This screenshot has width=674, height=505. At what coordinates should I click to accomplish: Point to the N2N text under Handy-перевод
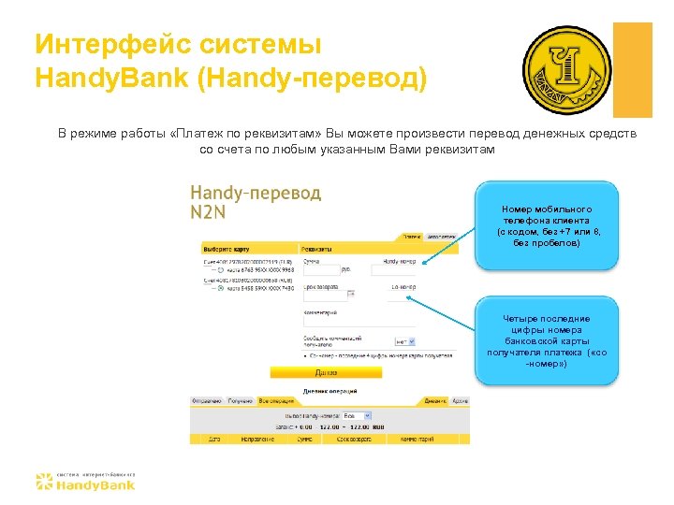click(208, 212)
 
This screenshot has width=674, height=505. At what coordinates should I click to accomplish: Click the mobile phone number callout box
click(547, 226)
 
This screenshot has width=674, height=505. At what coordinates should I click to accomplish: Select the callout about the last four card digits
click(547, 340)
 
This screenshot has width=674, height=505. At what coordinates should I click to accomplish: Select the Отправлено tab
click(206, 400)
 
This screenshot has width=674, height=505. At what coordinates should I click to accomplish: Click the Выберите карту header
click(225, 250)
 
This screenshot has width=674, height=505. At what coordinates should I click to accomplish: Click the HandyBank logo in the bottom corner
click(85, 481)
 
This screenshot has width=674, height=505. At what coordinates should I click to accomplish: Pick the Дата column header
click(214, 438)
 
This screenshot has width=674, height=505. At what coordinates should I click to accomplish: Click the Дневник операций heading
click(329, 390)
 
